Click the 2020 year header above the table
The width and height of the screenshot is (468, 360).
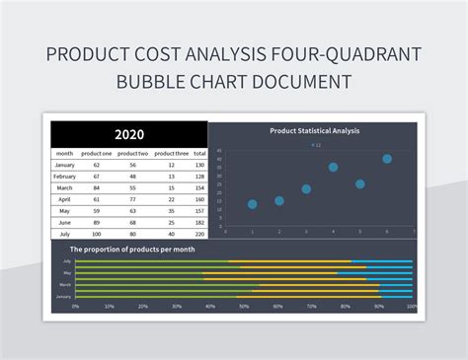coord(128,134)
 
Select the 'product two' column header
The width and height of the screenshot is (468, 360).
coord(132,154)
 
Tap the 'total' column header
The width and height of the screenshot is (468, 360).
coord(200,154)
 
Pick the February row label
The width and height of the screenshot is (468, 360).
coord(64,177)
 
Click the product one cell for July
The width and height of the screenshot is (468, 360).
coord(96,234)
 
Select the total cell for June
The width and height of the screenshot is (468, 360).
coord(200,222)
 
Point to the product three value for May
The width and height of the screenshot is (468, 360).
coord(170,210)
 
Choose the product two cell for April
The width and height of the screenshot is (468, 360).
coord(132,199)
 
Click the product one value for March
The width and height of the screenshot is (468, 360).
coord(96,187)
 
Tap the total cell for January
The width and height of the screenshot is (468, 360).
coord(200,165)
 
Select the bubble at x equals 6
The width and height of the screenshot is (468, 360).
coord(387,159)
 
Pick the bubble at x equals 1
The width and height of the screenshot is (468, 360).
coord(253,204)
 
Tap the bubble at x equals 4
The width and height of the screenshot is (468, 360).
coord(333,168)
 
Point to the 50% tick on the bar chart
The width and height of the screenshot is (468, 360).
coord(244,305)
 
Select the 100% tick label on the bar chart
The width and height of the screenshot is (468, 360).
coord(411,305)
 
